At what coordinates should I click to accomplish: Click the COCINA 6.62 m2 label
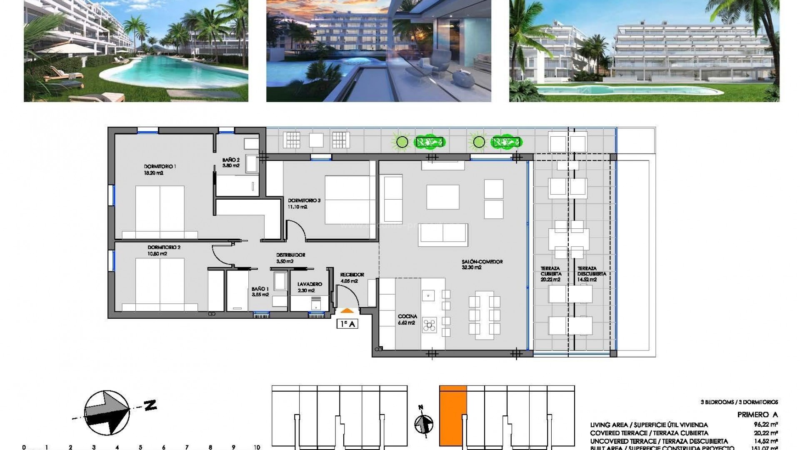click(x=407, y=320)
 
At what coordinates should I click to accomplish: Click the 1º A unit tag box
click(x=347, y=324)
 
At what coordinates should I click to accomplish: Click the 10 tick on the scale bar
click(x=257, y=447)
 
